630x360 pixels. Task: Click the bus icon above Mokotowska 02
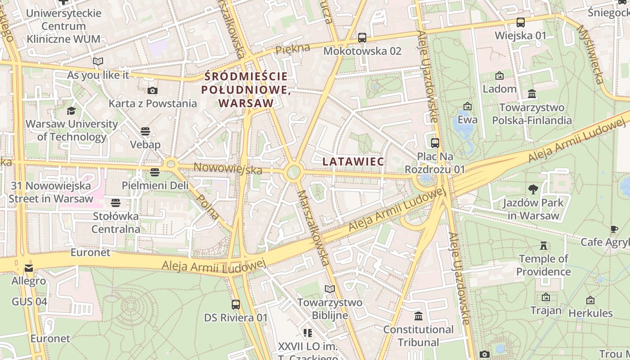pos(362,38)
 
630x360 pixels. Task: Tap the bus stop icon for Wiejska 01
pos(521,22)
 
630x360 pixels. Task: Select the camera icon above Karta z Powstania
pos(153,90)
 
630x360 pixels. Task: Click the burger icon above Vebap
pos(145,131)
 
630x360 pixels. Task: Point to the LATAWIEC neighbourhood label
pos(353,162)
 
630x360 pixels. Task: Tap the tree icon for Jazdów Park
pos(533,189)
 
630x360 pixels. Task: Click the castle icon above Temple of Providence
pos(544,246)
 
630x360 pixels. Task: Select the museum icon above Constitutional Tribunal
pos(418,316)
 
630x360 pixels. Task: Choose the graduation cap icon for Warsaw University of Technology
pos(72,111)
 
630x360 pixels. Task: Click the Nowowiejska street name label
pos(228,169)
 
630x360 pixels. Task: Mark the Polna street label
pos(208,207)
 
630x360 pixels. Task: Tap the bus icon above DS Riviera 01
pos(236,305)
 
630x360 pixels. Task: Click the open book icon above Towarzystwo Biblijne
pos(330,289)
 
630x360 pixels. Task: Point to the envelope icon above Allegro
pos(29,268)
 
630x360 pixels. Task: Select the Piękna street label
pos(293,48)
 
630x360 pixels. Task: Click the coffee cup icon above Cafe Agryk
pos(614,229)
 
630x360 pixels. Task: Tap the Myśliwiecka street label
pos(590,54)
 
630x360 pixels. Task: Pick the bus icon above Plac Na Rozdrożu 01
pos(435,143)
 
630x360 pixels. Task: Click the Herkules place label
pos(590,313)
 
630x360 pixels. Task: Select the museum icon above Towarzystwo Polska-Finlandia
pos(532,94)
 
